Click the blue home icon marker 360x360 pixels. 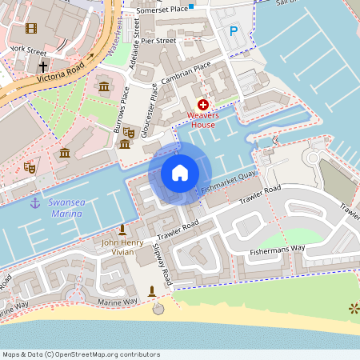coord(180,173)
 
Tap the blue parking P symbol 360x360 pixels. coord(234,31)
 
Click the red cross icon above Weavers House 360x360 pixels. coord(203,105)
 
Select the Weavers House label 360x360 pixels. coord(203,120)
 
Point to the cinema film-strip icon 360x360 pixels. coord(30,29)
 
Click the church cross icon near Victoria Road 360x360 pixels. coord(42,66)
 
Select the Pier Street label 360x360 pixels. coord(158,39)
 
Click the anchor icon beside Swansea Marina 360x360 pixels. coord(35,203)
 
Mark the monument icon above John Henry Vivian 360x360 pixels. coord(122,230)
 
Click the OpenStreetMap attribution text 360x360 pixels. coord(80,354)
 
